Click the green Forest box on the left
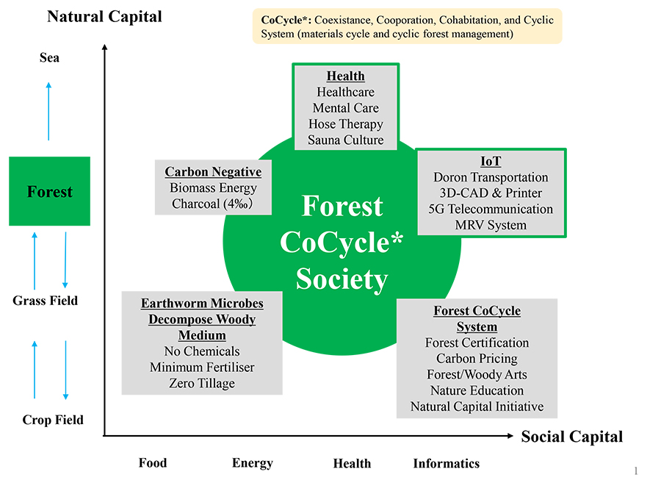click(x=49, y=191)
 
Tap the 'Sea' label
click(x=49, y=58)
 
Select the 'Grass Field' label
click(x=45, y=301)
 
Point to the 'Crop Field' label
click(x=53, y=420)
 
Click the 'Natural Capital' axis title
click(x=104, y=16)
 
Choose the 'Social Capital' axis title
click(x=571, y=437)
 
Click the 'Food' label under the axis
click(x=153, y=462)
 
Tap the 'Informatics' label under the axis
click(x=446, y=463)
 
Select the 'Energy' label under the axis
click(x=253, y=463)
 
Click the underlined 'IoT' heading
click(x=491, y=161)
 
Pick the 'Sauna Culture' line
click(x=345, y=140)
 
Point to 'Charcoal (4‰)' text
click(x=213, y=204)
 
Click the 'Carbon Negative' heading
click(x=213, y=172)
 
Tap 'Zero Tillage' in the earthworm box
click(x=202, y=383)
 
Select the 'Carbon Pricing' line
click(x=477, y=359)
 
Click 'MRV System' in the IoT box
click(x=491, y=225)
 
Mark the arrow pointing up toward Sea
click(x=49, y=110)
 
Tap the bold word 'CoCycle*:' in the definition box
click(x=281, y=20)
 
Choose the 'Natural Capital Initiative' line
click(x=477, y=406)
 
